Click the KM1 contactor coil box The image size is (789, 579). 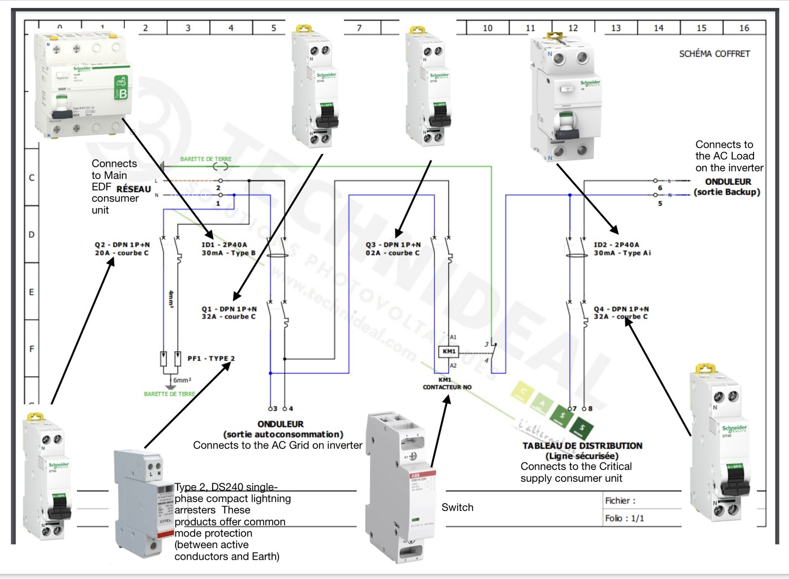[x=449, y=352]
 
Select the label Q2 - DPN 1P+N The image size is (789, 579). [x=122, y=245]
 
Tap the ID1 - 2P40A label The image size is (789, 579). [x=224, y=245]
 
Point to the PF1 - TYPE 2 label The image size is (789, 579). [x=211, y=359]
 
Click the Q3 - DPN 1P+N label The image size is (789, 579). [x=393, y=245]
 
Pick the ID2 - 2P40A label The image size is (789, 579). [x=616, y=245]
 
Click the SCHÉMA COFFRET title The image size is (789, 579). [x=714, y=54]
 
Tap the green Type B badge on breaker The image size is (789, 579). [x=121, y=88]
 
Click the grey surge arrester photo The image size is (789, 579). [x=143, y=503]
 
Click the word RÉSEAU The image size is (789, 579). [x=134, y=189]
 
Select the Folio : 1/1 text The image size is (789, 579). [x=624, y=518]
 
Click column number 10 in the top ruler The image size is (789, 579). [x=487, y=28]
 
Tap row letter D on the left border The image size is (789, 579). [x=32, y=234]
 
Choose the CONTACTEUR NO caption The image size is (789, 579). [x=447, y=387]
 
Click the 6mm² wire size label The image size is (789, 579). [x=182, y=380]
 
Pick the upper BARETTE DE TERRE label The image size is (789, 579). [x=206, y=159]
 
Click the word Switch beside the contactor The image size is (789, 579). [x=457, y=507]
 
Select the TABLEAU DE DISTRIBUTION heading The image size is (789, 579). [x=582, y=446]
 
